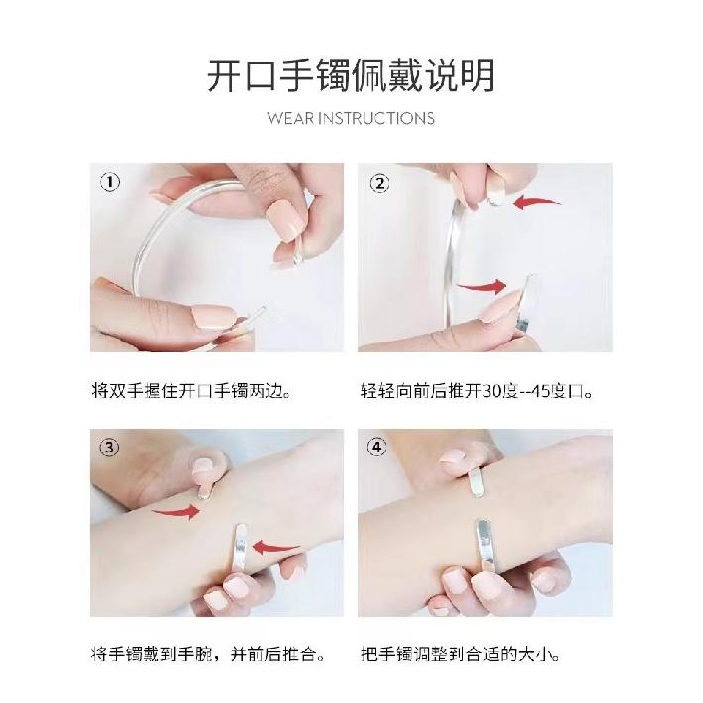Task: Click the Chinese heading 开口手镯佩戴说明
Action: click(351, 76)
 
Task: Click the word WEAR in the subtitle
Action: click(290, 119)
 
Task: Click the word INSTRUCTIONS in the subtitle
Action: click(376, 119)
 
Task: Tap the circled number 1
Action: click(110, 182)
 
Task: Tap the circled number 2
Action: click(380, 184)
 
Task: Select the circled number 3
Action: click(109, 448)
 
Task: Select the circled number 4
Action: click(376, 447)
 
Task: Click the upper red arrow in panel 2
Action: click(536, 202)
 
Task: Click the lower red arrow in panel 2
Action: click(482, 286)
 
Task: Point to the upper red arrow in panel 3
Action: click(176, 512)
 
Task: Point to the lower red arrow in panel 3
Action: click(276, 547)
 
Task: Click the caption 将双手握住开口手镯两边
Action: click(191, 390)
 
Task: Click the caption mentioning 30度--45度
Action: click(477, 391)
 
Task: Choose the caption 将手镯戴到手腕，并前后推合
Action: click(208, 654)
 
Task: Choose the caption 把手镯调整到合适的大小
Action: click(460, 654)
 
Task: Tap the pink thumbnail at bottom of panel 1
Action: click(213, 317)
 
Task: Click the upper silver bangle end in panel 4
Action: click(477, 481)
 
